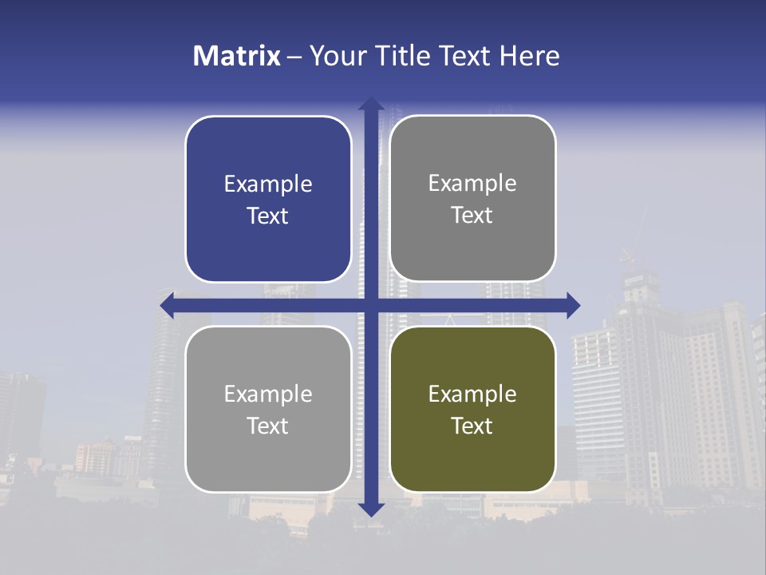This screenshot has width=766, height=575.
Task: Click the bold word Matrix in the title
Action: (x=237, y=56)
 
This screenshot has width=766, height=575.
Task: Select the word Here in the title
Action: (x=529, y=56)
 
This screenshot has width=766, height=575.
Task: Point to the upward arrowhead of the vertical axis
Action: (x=371, y=104)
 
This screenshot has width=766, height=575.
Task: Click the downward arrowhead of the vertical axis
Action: (x=371, y=509)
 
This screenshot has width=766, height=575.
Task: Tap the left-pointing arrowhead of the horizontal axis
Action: (x=168, y=304)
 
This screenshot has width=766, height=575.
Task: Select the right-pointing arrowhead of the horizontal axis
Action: (x=573, y=304)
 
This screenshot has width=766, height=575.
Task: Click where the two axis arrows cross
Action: (x=371, y=304)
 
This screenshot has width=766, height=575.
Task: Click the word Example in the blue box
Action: (x=268, y=184)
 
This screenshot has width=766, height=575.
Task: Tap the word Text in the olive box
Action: (x=472, y=426)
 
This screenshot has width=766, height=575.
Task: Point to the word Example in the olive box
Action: (x=472, y=394)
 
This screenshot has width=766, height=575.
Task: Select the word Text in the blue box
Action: (x=268, y=216)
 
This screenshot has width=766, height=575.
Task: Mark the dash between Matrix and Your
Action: (x=294, y=57)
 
